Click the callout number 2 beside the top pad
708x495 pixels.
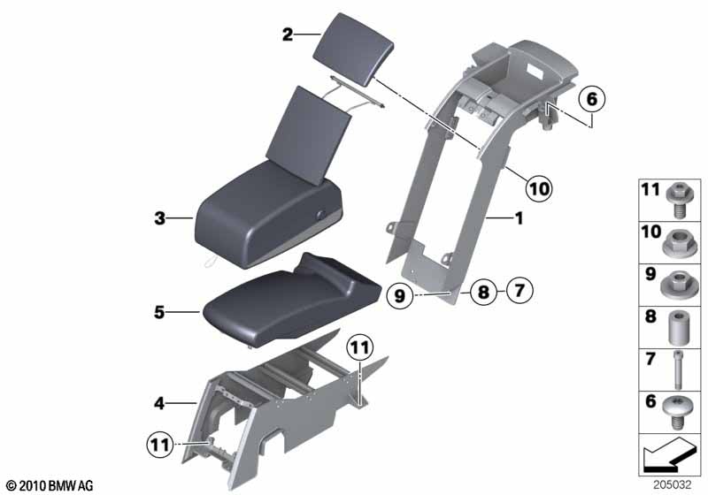[287, 34]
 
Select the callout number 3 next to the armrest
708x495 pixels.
[159, 218]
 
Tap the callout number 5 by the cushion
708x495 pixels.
[159, 312]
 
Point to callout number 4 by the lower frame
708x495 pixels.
[159, 403]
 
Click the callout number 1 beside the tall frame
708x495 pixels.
[519, 218]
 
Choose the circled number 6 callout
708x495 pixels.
[592, 99]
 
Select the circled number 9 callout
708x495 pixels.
[400, 296]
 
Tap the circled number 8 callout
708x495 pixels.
[483, 292]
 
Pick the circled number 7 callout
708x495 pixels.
[519, 290]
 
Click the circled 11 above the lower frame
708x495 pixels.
[360, 347]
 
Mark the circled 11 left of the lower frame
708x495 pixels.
[159, 445]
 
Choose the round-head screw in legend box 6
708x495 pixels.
[678, 414]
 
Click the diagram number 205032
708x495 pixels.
[673, 484]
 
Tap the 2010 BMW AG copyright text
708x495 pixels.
[50, 485]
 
